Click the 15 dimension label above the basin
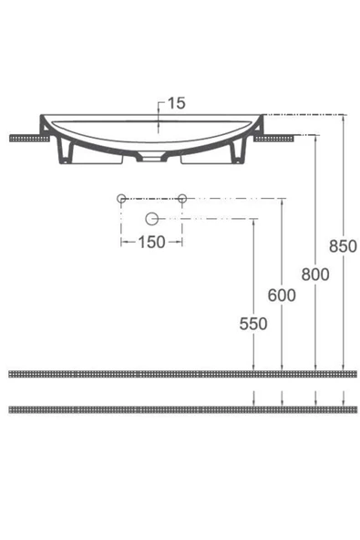coord(176,104)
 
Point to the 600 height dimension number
coord(283,296)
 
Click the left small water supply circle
coord(120,198)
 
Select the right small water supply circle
coord(182,198)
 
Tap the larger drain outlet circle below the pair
coord(152,218)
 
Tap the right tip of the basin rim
coord(263,117)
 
